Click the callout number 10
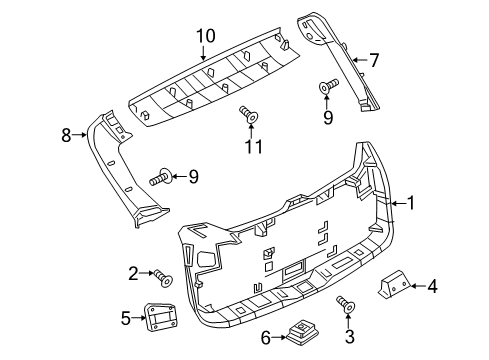(x=205, y=36)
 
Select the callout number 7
(x=373, y=60)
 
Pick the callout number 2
(x=133, y=272)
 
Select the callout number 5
(x=126, y=319)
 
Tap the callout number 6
(x=267, y=338)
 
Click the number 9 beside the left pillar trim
(x=193, y=178)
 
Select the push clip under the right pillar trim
(x=327, y=90)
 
